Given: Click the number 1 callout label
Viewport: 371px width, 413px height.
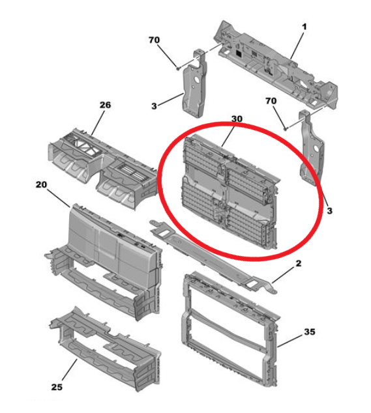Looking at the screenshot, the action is [x=304, y=27].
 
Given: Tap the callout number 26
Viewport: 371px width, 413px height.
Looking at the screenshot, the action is [x=105, y=105].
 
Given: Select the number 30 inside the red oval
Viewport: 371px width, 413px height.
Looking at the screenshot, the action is [x=237, y=119].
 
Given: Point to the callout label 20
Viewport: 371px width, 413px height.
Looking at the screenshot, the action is [x=41, y=184].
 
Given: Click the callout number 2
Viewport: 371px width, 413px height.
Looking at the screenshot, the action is [x=298, y=263].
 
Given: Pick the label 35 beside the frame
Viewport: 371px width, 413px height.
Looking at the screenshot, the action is [x=310, y=332].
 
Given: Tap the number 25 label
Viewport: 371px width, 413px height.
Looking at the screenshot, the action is [x=57, y=387].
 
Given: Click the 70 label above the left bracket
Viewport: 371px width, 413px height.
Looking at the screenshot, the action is [x=154, y=40].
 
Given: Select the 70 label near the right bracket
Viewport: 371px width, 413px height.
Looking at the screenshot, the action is [x=271, y=101].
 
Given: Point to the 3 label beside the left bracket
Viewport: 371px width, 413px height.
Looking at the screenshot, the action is [x=155, y=106].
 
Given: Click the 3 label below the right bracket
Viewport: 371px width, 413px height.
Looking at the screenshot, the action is [x=330, y=210].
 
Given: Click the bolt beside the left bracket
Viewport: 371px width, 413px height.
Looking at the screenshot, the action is [x=178, y=68].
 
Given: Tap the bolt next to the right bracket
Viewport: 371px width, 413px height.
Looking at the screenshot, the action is [x=285, y=128].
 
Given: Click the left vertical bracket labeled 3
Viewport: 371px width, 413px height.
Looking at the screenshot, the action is [x=194, y=84].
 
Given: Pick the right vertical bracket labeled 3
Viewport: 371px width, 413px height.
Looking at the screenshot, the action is [x=311, y=149].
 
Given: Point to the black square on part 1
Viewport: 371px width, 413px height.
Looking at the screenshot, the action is [x=239, y=53].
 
